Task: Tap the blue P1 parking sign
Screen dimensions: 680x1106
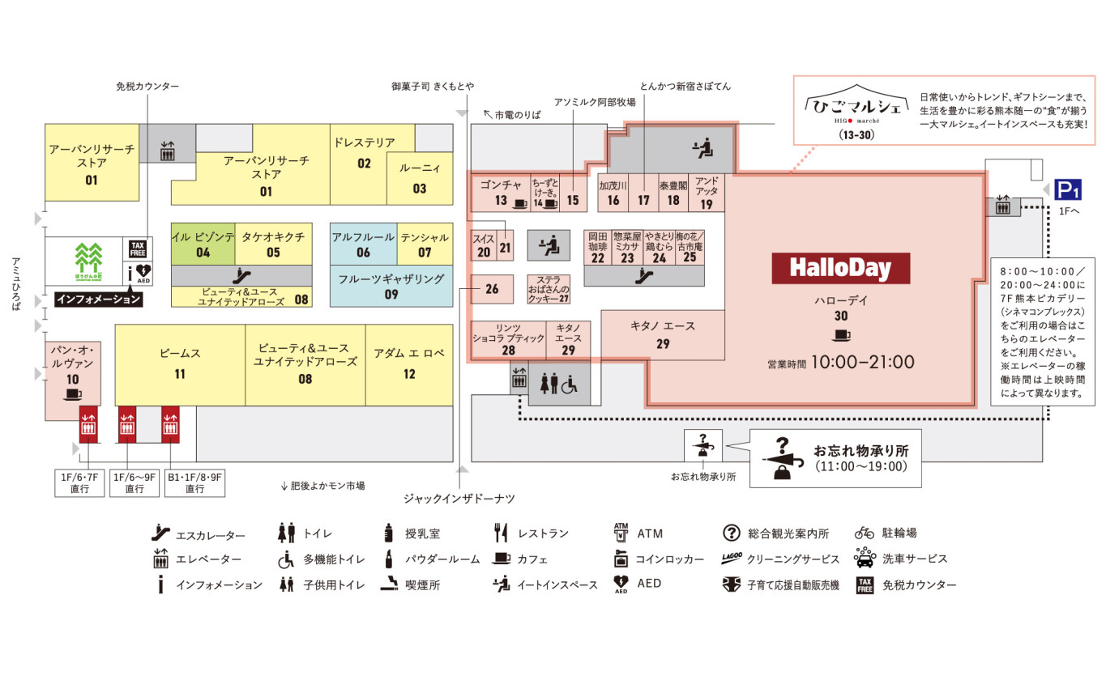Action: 1067,190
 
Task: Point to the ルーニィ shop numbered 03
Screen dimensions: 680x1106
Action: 419,178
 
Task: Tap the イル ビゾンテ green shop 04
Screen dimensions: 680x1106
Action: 203,244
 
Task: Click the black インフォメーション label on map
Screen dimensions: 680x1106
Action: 98,300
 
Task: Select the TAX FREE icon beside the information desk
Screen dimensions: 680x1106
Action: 137,249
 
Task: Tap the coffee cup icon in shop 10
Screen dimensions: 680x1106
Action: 73,394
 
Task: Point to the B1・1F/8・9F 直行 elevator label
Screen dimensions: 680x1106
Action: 194,483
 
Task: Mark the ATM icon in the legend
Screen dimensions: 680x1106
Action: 621,533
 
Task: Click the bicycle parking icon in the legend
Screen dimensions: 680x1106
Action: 865,533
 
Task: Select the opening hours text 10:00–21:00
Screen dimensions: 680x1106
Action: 863,362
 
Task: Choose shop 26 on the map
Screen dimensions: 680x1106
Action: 492,289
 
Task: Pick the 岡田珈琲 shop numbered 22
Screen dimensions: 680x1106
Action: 598,247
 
